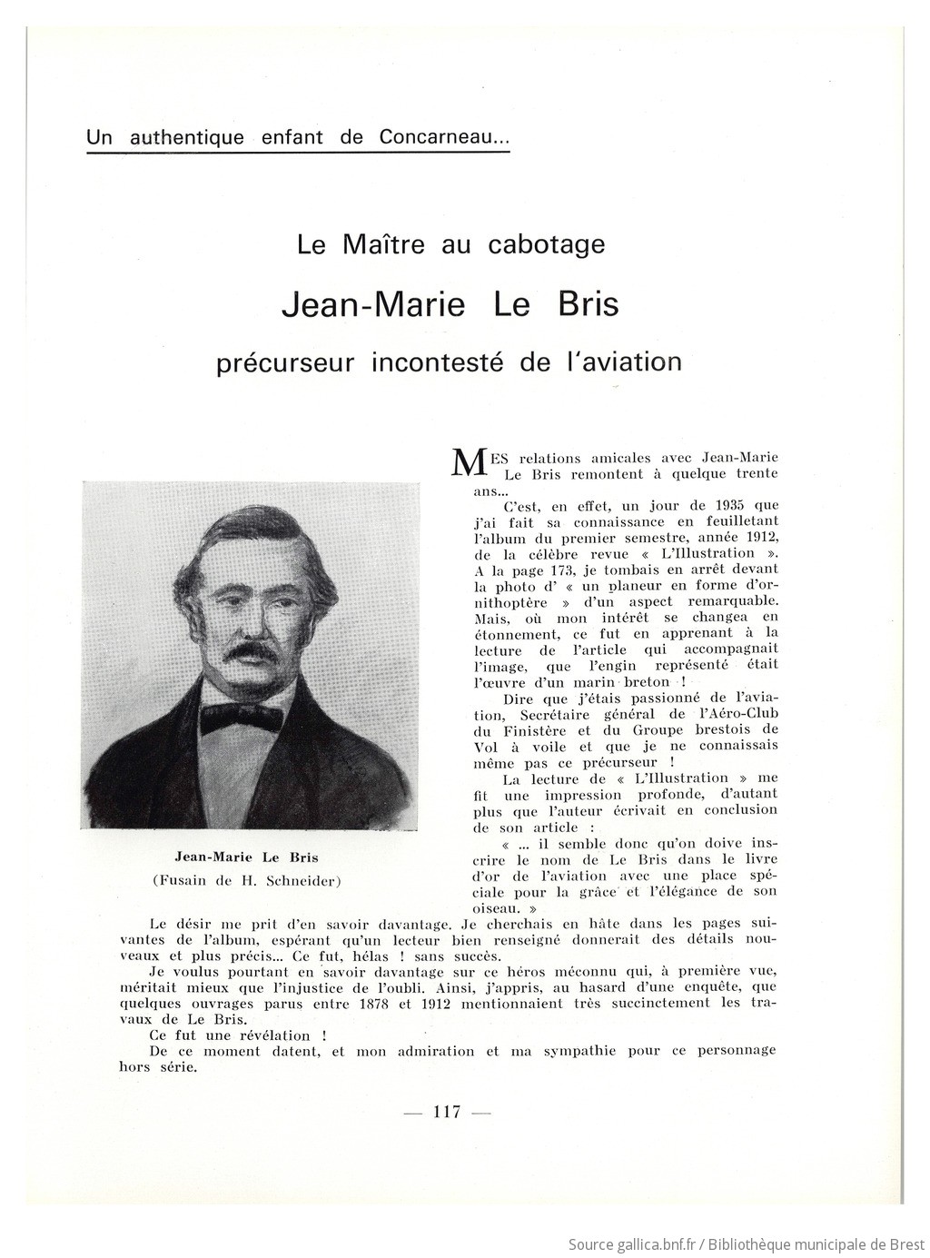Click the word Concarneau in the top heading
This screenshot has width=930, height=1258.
443,138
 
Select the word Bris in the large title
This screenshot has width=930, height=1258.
584,303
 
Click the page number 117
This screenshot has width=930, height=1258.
447,1112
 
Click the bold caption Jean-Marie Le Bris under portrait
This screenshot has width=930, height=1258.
246,857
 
